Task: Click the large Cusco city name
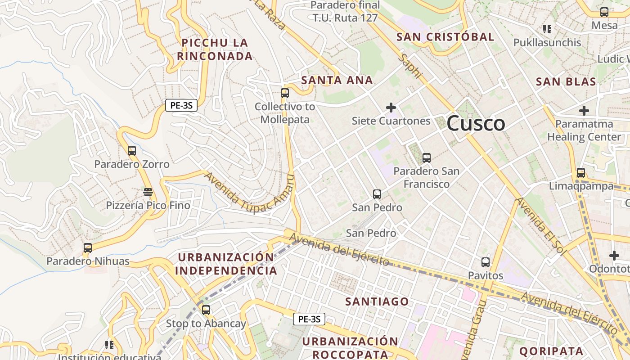tap(476, 123)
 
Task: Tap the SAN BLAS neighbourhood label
tap(566, 81)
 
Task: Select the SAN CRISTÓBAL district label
tap(445, 37)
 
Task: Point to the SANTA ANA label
tap(337, 80)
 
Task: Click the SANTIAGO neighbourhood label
tap(377, 301)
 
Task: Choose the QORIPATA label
tap(551, 351)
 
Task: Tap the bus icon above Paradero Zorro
tap(132, 151)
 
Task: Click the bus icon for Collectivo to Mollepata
tap(285, 93)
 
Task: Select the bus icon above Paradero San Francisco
tap(427, 158)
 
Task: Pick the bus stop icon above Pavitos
tap(486, 262)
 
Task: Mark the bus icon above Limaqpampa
tap(581, 172)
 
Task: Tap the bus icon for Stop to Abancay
tap(206, 310)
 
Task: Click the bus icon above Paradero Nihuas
tap(88, 247)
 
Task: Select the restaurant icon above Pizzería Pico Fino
tap(148, 192)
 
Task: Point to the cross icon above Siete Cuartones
tap(391, 108)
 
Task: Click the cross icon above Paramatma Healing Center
tap(584, 110)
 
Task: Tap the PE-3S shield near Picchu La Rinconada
tap(181, 106)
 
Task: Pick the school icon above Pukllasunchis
tap(547, 30)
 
